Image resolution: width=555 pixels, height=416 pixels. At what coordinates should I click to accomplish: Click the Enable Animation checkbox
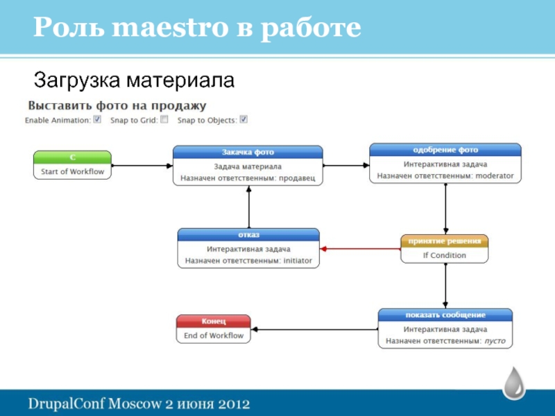coord(97,119)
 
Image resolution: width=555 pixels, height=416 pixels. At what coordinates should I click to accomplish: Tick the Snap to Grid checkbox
coord(164,119)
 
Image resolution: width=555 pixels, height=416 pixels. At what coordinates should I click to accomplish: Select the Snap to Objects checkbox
coord(244,119)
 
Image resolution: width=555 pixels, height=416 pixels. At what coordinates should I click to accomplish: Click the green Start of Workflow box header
coord(72,157)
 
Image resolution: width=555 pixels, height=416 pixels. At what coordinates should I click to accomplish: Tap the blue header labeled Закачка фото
coord(248,152)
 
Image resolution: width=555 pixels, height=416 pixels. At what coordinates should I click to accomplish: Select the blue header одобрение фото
coord(445,150)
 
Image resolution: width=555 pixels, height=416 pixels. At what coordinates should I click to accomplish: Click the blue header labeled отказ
coord(248,235)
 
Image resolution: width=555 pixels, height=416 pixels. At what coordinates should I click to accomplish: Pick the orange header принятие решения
coord(444,241)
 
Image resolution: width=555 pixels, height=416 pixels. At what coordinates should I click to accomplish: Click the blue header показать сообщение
coord(445,315)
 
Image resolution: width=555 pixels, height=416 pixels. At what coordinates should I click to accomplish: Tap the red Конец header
coord(214,321)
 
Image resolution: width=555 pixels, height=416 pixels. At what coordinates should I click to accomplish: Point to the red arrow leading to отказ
coord(360,249)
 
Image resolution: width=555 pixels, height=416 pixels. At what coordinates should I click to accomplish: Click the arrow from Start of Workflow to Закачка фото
coord(142,166)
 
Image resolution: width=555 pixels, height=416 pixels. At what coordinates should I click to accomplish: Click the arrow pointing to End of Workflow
coord(314,330)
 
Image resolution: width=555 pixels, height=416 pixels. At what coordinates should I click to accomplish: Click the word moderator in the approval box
coord(495,176)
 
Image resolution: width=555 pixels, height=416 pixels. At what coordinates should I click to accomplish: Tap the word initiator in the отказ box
coord(298,261)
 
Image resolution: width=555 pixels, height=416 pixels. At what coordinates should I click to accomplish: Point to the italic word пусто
coord(495,341)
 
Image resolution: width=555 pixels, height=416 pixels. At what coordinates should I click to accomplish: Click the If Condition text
coord(444,255)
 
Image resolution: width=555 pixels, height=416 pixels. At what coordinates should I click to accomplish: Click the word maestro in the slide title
coord(170,27)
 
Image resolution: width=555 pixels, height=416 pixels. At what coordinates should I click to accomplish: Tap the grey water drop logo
coord(514,383)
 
